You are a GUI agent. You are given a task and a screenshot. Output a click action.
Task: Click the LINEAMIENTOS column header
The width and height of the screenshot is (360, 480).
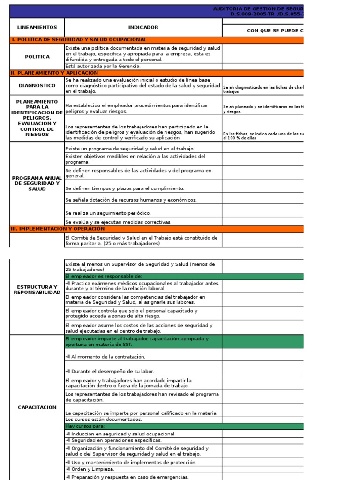coord(37,28)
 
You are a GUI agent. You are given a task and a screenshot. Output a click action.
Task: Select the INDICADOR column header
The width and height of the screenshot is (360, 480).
coord(143,28)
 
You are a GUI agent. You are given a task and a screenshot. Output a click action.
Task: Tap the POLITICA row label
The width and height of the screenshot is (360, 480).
coord(37,57)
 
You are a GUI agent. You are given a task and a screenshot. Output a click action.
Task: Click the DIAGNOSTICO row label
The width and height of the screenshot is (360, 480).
coord(37,86)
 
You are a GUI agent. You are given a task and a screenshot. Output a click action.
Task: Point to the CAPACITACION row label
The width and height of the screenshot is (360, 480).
coord(37,407)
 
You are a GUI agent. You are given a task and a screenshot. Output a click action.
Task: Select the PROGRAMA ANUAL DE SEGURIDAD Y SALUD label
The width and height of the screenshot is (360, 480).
coord(37,183)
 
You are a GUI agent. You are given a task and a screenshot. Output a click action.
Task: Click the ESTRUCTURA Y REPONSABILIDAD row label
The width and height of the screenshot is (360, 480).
coord(37,289)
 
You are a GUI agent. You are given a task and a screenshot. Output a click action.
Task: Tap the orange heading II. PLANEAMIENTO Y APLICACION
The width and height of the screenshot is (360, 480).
coord(54,73)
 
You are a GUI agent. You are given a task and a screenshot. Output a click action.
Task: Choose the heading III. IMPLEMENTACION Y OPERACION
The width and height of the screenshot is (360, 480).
coord(58,229)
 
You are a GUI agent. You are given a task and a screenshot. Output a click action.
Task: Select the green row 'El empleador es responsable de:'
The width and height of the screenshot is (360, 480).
coord(104,277)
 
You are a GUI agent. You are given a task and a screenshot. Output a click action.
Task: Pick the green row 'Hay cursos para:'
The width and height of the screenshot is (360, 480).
coord(85,427)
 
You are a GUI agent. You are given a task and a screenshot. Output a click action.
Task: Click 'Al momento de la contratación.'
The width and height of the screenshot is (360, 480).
coord(105,357)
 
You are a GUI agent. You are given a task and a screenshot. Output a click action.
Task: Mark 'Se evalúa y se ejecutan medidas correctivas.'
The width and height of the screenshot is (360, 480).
coord(118,222)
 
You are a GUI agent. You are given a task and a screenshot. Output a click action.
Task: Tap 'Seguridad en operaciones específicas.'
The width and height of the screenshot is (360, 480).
coord(114,440)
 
